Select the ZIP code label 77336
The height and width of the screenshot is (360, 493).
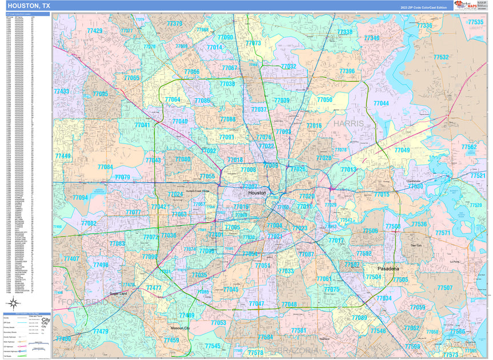click(424, 26)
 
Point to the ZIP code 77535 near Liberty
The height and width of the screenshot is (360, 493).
click(475, 22)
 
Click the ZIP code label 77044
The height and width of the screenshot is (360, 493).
click(381, 103)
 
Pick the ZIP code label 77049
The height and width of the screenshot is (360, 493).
click(402, 150)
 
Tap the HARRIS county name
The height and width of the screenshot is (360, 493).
click(349, 123)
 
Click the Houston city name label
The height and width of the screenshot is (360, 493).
click(257, 193)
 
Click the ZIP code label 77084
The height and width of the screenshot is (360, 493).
click(105, 167)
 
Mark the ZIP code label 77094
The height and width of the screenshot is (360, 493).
click(81, 198)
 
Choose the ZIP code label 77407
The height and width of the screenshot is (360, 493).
click(71, 259)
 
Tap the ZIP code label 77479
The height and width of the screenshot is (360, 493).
click(100, 331)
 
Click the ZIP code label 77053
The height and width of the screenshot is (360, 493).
click(218, 323)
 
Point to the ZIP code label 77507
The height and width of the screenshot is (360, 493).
click(444, 288)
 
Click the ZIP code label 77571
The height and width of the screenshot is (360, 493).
click(443, 233)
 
